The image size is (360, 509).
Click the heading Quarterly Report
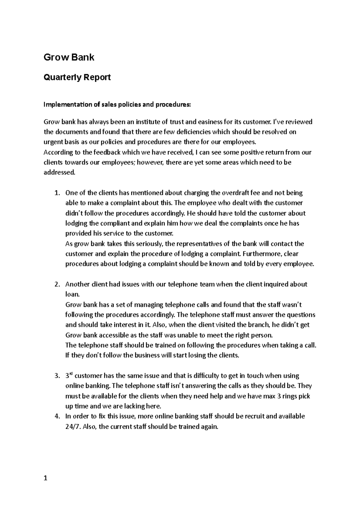tap(77, 77)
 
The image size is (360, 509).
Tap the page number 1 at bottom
tap(46, 478)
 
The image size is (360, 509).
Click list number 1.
tap(57, 193)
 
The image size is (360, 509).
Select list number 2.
tap(57, 284)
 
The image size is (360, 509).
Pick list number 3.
tap(57, 376)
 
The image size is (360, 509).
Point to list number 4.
tap(57, 416)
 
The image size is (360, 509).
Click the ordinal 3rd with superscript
tap(69, 376)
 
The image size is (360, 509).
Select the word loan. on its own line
tap(72, 295)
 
